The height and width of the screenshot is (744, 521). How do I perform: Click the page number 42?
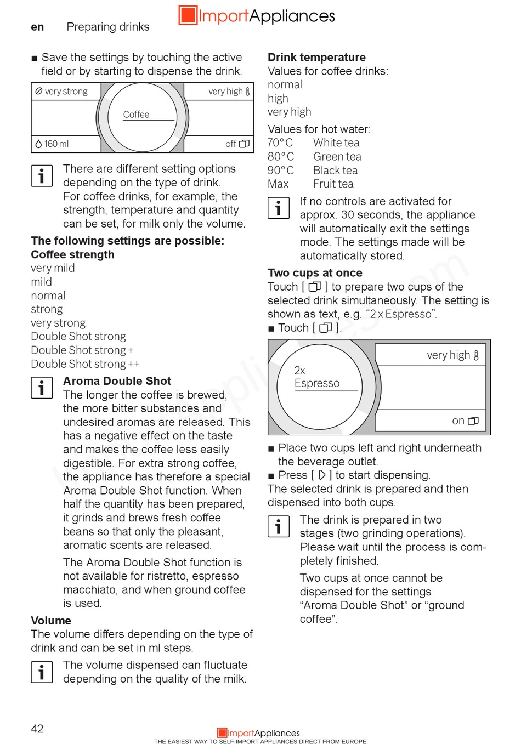(37, 728)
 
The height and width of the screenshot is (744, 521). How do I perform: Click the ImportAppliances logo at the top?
(257, 15)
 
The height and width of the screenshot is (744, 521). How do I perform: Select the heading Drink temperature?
(316, 57)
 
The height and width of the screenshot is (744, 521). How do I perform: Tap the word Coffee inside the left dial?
(136, 114)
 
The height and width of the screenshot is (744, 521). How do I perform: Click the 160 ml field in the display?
(53, 144)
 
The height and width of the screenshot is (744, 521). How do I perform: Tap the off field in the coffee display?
(237, 144)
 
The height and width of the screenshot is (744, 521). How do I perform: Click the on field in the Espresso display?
(465, 421)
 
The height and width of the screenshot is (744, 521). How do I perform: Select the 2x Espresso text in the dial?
(316, 377)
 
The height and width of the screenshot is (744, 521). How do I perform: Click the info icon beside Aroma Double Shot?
(42, 388)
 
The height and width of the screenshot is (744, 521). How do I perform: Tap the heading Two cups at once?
(315, 272)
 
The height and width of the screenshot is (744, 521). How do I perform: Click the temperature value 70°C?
(280, 143)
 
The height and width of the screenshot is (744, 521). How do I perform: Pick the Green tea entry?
(337, 156)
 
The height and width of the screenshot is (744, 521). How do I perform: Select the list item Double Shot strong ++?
(85, 364)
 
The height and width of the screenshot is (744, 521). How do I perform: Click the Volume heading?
(51, 620)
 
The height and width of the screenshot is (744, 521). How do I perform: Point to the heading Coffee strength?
(72, 254)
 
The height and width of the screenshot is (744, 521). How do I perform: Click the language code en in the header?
(37, 27)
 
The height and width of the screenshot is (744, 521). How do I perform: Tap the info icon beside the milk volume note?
(42, 672)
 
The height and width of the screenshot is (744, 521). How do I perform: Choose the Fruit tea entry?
(333, 184)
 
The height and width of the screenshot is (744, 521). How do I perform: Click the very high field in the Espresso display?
(452, 355)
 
